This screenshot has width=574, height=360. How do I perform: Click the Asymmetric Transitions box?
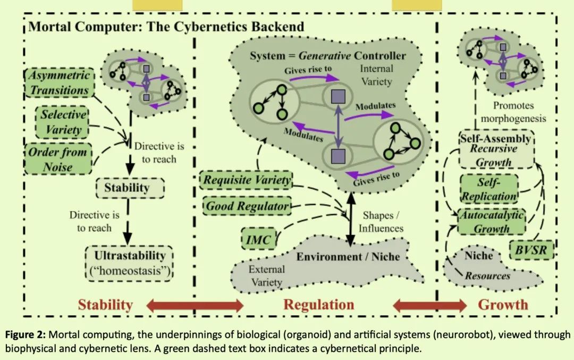click(59, 83)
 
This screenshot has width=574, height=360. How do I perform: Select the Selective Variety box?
click(63, 122)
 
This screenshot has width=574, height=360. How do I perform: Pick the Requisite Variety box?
click(248, 180)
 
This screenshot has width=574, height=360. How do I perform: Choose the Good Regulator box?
click(248, 205)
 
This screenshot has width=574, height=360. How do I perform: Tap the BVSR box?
click(531, 248)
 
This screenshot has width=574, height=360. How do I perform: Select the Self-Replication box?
click(488, 189)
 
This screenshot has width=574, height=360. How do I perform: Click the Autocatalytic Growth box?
click(492, 222)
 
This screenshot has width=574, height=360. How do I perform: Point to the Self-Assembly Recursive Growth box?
click(495, 150)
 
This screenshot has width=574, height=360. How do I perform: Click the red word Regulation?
click(318, 305)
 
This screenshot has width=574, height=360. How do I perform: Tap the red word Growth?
click(503, 305)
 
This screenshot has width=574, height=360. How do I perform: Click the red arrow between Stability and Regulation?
click(195, 306)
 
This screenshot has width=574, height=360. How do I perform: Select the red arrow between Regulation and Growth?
click(429, 306)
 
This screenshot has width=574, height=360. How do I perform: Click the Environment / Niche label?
click(348, 257)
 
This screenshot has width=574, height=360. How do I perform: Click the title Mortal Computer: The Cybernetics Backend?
click(166, 27)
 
